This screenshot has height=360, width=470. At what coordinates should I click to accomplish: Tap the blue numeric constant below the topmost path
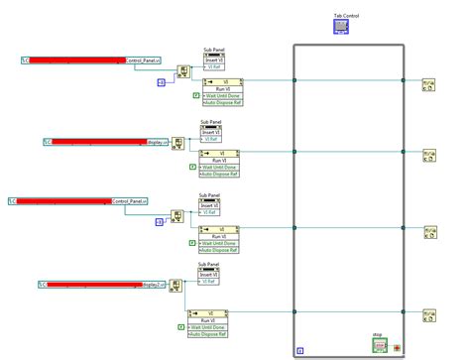161,82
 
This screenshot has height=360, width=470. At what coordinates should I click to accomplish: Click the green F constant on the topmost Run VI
196,95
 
